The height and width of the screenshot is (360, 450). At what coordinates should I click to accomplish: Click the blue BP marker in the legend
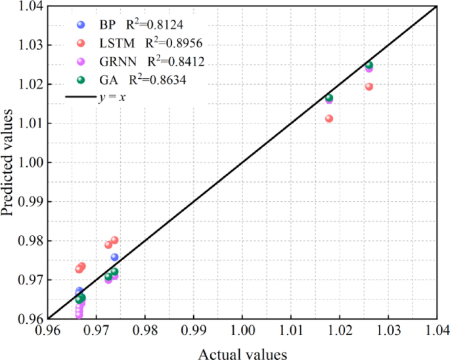[x=81, y=25]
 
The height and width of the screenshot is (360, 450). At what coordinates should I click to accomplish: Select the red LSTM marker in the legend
[x=81, y=43]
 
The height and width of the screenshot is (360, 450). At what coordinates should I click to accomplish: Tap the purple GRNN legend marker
[x=81, y=62]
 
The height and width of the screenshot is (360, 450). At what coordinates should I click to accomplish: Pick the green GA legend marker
[x=81, y=80]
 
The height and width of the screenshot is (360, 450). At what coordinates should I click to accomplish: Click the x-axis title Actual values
[x=242, y=354]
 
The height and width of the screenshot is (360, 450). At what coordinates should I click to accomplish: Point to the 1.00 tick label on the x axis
[x=242, y=330]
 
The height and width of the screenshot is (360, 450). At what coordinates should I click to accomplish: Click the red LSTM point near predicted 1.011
[x=329, y=119]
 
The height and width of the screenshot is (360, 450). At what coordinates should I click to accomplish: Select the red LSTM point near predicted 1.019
[x=369, y=87]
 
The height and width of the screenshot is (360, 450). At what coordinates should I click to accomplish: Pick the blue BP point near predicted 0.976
[x=114, y=257]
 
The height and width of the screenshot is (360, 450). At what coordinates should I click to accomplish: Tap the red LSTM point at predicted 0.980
[x=114, y=240]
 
